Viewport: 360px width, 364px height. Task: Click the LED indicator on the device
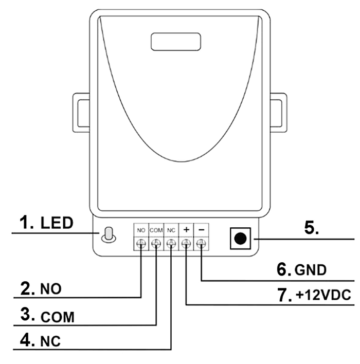click(x=109, y=234)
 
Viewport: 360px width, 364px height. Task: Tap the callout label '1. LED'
click(x=46, y=223)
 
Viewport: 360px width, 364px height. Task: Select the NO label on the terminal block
click(x=141, y=230)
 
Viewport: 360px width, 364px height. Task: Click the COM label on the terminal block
click(x=156, y=230)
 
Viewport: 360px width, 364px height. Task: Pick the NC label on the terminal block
click(x=171, y=230)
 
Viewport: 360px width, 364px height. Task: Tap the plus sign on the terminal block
click(x=186, y=230)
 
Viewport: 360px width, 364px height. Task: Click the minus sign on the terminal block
click(x=202, y=230)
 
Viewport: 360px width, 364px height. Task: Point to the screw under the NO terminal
click(x=141, y=244)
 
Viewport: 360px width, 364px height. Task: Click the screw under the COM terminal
click(x=156, y=244)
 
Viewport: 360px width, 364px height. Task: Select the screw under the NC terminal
click(x=171, y=244)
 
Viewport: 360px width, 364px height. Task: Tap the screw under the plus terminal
click(x=186, y=244)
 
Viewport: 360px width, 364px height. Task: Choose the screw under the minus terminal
click(x=201, y=244)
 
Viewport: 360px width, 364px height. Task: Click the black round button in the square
click(x=240, y=239)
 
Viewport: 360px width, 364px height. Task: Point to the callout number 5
click(x=312, y=228)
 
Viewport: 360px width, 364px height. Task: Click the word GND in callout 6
click(x=311, y=270)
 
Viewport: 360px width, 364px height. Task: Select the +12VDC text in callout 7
click(x=323, y=295)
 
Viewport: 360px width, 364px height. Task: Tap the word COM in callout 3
click(x=58, y=317)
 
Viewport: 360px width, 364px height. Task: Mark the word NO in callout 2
click(x=51, y=289)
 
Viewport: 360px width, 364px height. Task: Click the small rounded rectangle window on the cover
click(x=176, y=42)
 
